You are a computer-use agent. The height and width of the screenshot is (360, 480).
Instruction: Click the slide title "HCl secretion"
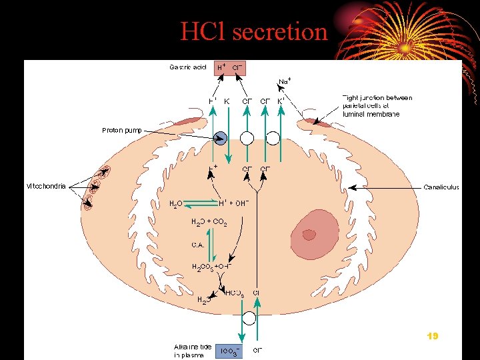coord(254,31)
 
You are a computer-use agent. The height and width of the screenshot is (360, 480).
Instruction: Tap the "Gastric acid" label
coord(188,67)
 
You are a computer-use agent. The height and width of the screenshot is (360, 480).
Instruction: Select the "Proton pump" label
coord(122,130)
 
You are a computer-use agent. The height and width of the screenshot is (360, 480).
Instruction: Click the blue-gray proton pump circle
coord(221,138)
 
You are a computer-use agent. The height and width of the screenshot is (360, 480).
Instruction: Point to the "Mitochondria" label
coord(46,186)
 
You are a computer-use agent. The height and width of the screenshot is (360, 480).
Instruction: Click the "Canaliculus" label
coord(441,187)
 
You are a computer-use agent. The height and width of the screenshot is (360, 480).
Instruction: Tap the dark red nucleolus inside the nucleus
coord(309,235)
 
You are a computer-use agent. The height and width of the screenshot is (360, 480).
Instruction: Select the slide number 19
coord(432,337)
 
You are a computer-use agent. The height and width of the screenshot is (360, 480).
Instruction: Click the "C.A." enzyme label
coord(198,245)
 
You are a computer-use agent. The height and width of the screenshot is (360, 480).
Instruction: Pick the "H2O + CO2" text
coord(209,222)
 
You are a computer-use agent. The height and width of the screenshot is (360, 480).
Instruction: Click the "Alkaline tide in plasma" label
coord(193,351)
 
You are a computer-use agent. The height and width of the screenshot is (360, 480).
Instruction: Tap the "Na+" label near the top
coord(284,81)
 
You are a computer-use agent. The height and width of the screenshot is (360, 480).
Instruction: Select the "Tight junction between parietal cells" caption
coord(377,105)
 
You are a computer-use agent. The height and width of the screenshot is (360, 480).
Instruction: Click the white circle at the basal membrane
coord(248,318)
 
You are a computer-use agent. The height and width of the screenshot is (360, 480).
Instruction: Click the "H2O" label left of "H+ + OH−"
coord(176,203)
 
